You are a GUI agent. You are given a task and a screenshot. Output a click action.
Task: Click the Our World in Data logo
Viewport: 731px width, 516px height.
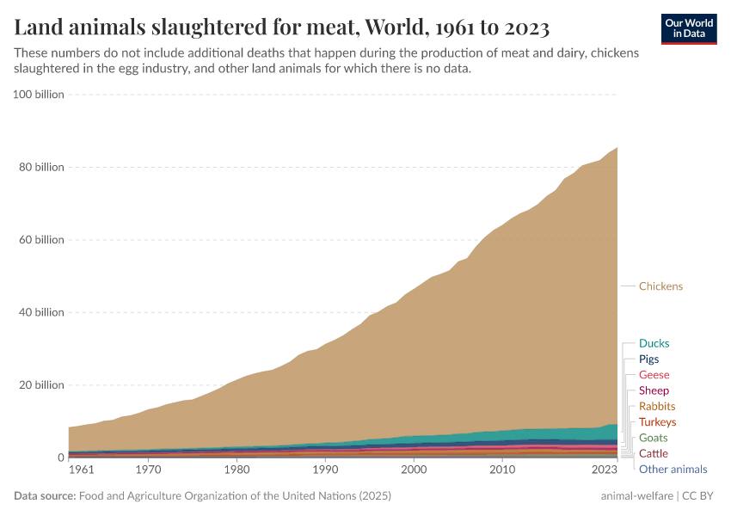(689, 28)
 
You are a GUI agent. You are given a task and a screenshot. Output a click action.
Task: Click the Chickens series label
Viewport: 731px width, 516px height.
(660, 286)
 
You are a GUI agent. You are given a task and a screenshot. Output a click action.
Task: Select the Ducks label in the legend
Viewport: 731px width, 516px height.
(654, 343)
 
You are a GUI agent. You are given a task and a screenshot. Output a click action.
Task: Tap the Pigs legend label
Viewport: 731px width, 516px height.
(649, 359)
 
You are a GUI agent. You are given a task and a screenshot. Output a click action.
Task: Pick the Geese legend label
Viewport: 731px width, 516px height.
(654, 375)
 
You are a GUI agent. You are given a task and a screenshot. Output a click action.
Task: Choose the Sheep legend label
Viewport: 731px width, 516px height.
(654, 390)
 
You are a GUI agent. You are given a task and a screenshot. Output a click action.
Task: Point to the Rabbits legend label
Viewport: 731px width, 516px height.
(656, 406)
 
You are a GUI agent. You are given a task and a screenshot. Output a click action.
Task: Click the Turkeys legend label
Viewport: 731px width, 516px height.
(657, 422)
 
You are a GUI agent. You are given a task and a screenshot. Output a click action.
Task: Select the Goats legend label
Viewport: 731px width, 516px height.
(653, 438)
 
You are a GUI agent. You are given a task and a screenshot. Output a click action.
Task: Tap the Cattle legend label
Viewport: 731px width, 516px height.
(653, 453)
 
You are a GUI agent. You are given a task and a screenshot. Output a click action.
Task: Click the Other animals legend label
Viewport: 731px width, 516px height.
(673, 470)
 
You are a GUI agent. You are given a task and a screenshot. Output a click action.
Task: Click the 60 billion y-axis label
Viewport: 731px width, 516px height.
(41, 240)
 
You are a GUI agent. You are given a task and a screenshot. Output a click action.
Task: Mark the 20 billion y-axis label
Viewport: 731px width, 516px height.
(41, 385)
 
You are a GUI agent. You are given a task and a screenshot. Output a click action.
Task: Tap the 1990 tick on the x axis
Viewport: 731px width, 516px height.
(324, 470)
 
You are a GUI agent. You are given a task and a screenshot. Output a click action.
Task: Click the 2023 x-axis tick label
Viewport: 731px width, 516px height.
(605, 470)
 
